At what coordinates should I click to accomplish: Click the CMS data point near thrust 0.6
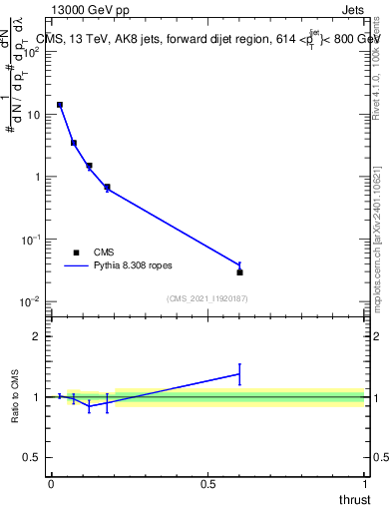click(x=240, y=271)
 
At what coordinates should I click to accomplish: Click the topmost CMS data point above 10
click(x=60, y=105)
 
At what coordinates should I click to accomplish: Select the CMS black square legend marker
click(x=76, y=253)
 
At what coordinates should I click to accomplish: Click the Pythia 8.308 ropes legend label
click(x=135, y=266)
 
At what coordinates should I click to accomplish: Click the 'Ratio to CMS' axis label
click(x=17, y=397)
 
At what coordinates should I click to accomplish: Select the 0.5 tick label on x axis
click(x=207, y=484)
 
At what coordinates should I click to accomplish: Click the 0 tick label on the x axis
click(x=51, y=484)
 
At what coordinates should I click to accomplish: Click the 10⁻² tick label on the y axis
click(x=33, y=301)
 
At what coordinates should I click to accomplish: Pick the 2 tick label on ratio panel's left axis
click(x=38, y=336)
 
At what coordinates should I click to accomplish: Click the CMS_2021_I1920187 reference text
click(x=206, y=298)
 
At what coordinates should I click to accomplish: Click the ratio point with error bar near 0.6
click(x=240, y=373)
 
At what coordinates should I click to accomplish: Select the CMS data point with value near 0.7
click(x=107, y=187)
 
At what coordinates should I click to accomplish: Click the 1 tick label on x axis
click(x=364, y=484)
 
